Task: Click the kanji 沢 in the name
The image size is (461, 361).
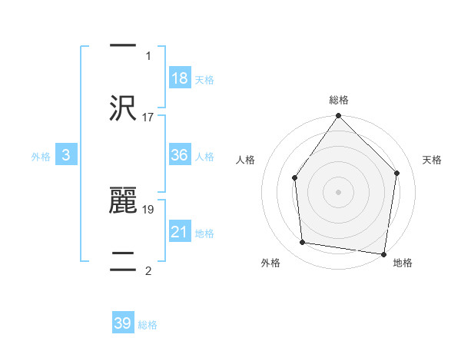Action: (x=122, y=108)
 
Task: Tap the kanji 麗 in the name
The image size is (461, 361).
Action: (x=122, y=199)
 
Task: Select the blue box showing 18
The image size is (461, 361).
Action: (x=180, y=78)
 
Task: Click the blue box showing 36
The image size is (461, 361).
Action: (x=180, y=155)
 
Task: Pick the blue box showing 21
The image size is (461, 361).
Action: (x=180, y=232)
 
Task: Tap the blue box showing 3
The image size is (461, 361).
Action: (x=66, y=155)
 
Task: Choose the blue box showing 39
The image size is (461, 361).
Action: (x=123, y=323)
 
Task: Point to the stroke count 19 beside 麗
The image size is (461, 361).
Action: (x=148, y=208)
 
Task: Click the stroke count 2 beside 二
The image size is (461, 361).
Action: (x=148, y=270)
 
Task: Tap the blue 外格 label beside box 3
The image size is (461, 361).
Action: (x=41, y=157)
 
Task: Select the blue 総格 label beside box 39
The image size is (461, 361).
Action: (x=148, y=325)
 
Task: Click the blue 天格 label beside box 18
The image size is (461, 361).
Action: (x=204, y=80)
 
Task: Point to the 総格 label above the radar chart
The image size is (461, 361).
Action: (x=339, y=100)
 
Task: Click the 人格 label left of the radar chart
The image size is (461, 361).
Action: (x=246, y=160)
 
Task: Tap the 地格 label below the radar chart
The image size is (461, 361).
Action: (x=403, y=263)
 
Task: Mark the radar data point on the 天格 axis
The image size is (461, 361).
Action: (x=397, y=173)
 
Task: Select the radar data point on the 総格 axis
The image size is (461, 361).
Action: (x=339, y=116)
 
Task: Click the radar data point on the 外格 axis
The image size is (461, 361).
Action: (x=303, y=243)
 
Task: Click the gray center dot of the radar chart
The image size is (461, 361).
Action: (x=339, y=191)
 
